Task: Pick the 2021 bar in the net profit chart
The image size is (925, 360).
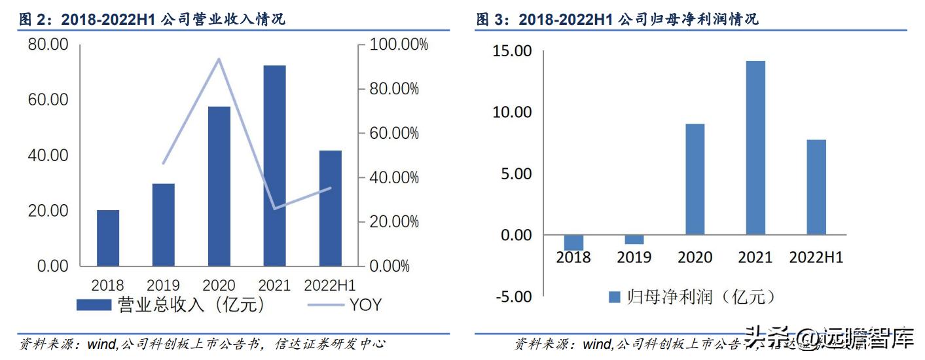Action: (755, 147)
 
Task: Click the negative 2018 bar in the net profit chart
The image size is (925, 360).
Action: (573, 242)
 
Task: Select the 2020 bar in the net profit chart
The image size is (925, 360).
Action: (695, 179)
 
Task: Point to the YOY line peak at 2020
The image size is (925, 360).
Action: (219, 59)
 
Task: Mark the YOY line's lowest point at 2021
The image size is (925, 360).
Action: (275, 209)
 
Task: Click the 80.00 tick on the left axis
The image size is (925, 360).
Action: (48, 45)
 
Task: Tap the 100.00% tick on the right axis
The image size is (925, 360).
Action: (399, 45)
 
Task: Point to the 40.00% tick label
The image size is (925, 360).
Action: (394, 178)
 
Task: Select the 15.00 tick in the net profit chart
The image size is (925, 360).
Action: (513, 51)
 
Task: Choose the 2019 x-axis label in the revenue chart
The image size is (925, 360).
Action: (164, 285)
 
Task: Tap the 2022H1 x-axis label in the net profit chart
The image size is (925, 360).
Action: (816, 257)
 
